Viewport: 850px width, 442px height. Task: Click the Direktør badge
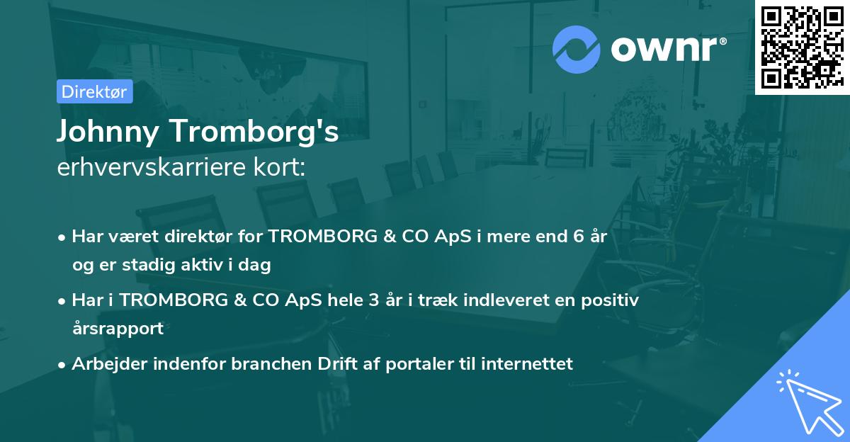[x=94, y=91]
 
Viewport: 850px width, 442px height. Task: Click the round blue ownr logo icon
[x=577, y=50]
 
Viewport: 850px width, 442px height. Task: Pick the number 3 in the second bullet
[x=373, y=300]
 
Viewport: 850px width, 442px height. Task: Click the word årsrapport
[x=118, y=328]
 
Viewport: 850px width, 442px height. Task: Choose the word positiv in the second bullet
[x=613, y=300]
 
